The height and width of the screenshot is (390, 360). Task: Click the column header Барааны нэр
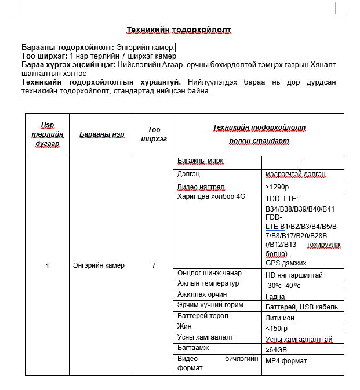[x=102, y=134]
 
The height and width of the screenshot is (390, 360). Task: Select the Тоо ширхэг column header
[x=154, y=134]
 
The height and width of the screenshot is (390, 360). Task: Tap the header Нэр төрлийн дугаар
[x=47, y=134]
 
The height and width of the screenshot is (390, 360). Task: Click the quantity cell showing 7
[x=154, y=265]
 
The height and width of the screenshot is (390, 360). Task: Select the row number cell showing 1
[x=47, y=265]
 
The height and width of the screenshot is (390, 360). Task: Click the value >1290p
[x=277, y=187]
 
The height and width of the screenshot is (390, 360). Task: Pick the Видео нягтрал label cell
[x=201, y=187]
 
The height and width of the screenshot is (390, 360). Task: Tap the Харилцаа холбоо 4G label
[x=211, y=196]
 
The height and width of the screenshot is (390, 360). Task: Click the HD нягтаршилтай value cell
[x=294, y=275]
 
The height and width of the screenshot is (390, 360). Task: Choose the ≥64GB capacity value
[x=276, y=349]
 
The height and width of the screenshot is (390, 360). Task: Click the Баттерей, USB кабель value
[x=301, y=307]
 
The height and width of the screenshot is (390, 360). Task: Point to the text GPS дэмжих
[x=286, y=263]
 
